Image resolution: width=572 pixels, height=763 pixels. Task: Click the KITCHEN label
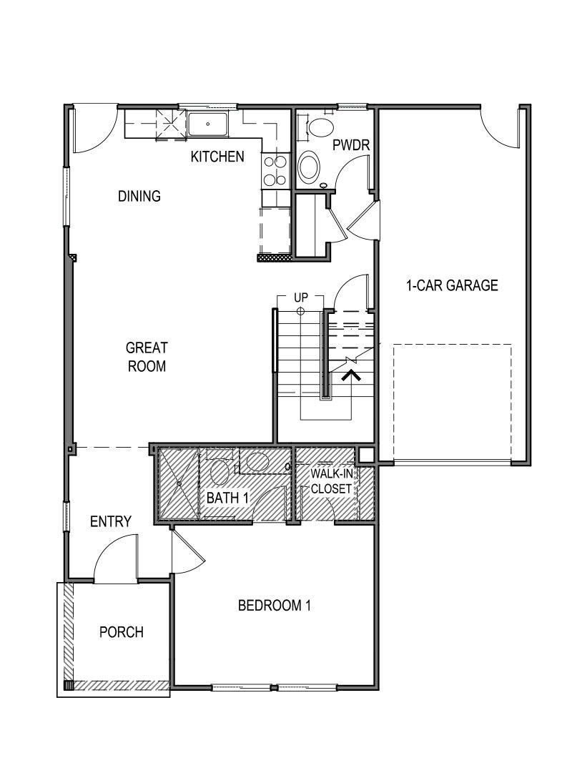pyautogui.click(x=217, y=156)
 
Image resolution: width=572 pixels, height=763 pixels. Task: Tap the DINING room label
pyautogui.click(x=139, y=196)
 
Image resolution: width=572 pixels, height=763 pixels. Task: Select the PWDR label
pyautogui.click(x=350, y=146)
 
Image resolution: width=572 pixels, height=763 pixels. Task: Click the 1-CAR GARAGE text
pyautogui.click(x=452, y=285)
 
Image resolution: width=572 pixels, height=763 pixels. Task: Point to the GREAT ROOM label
pyautogui.click(x=147, y=357)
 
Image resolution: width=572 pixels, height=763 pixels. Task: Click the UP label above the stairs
pyautogui.click(x=300, y=297)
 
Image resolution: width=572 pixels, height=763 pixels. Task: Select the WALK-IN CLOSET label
pyautogui.click(x=331, y=481)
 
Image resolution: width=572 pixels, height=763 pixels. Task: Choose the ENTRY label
pyautogui.click(x=111, y=522)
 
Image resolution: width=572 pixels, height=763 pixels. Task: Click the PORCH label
pyautogui.click(x=121, y=632)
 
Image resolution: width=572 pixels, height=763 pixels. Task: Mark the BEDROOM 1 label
pyautogui.click(x=275, y=606)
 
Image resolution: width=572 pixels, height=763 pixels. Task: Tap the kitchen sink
pyautogui.click(x=208, y=124)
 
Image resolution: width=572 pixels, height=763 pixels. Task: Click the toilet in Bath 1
pyautogui.click(x=220, y=470)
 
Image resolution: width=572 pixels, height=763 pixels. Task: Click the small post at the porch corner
pyautogui.click(x=69, y=685)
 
